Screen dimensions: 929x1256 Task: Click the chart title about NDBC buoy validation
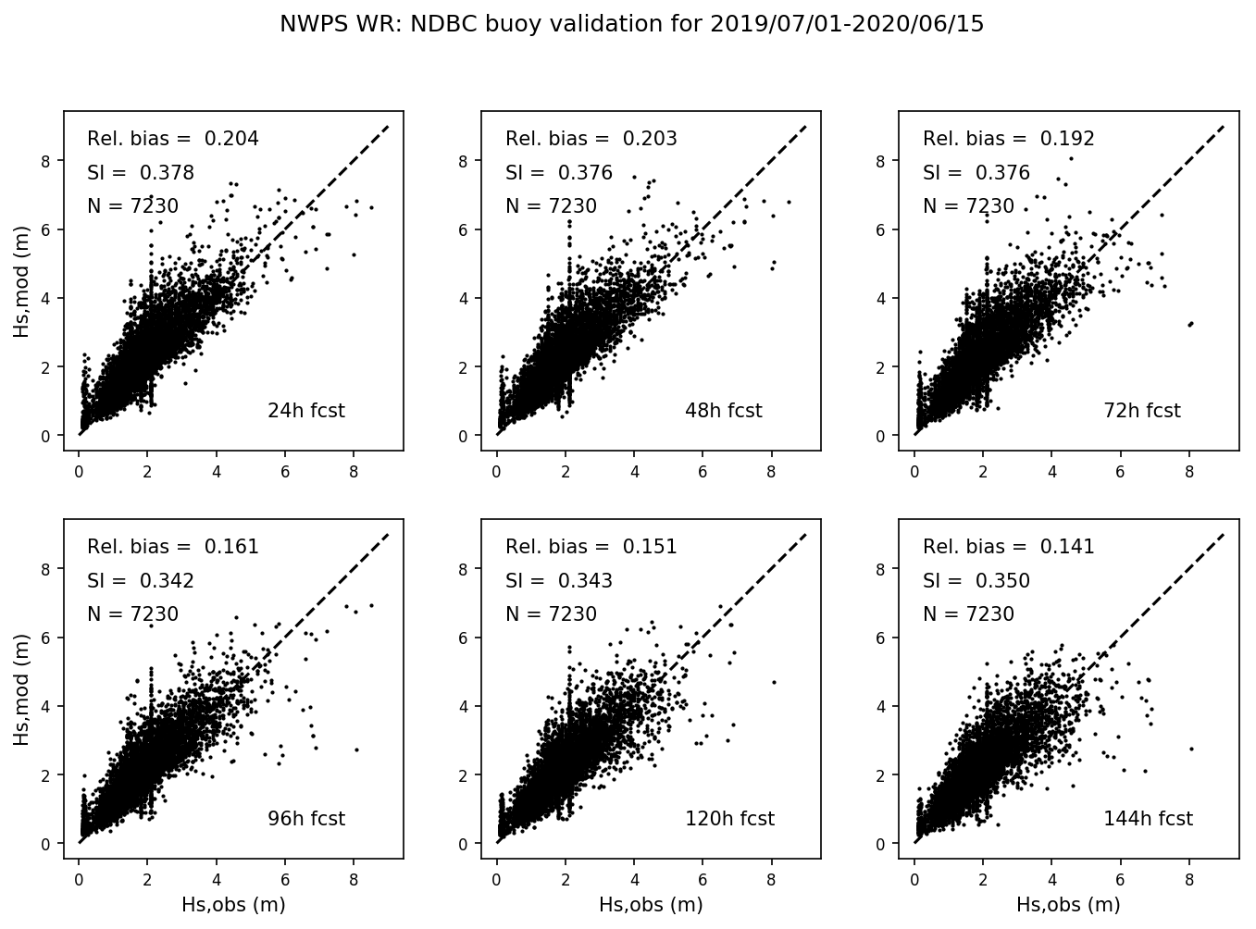coord(631,25)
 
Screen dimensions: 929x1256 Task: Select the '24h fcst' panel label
coord(305,411)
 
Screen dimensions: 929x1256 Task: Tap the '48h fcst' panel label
coord(723,411)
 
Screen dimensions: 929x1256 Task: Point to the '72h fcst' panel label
coord(1141,411)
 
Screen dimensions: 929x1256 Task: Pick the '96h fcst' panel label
coord(305,819)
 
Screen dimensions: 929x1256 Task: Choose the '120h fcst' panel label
coord(729,819)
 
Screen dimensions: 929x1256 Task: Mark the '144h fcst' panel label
coord(1148,819)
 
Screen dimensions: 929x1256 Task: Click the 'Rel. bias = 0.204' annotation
coord(173,140)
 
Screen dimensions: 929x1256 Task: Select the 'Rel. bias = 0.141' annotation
coord(1009,548)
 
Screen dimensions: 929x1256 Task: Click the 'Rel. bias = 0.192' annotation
coord(1009,140)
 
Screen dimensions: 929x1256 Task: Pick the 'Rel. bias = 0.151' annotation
coord(591,548)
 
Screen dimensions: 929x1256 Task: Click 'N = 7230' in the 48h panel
coord(551,207)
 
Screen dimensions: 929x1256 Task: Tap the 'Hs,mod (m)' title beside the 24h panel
coord(22,280)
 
